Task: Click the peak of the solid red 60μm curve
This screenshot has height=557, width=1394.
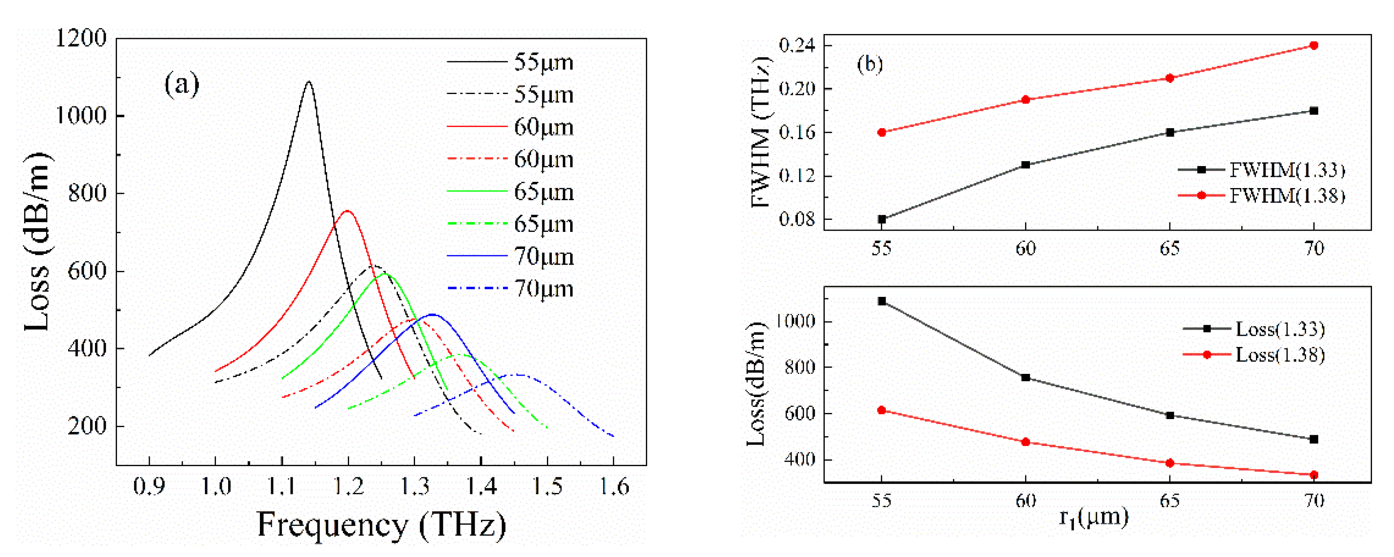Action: [347, 211]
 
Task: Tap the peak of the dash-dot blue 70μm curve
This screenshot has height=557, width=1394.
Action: [519, 374]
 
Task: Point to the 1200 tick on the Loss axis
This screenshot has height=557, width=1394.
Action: [81, 39]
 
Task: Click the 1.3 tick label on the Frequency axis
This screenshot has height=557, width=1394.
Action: [415, 487]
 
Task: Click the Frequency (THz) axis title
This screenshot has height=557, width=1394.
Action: [381, 525]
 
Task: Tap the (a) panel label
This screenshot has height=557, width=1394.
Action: [182, 85]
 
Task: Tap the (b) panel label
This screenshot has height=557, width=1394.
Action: [870, 64]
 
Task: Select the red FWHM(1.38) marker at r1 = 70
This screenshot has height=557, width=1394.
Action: [1313, 45]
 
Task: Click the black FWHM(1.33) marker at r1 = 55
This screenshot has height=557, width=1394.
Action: [882, 219]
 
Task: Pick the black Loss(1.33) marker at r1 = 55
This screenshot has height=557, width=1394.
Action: [882, 301]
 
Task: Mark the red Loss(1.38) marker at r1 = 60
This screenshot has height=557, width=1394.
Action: [1026, 442]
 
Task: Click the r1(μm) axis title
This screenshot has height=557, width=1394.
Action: [1093, 518]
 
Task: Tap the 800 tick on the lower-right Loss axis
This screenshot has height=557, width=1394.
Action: [799, 367]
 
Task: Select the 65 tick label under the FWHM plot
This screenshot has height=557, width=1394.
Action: [1169, 249]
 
